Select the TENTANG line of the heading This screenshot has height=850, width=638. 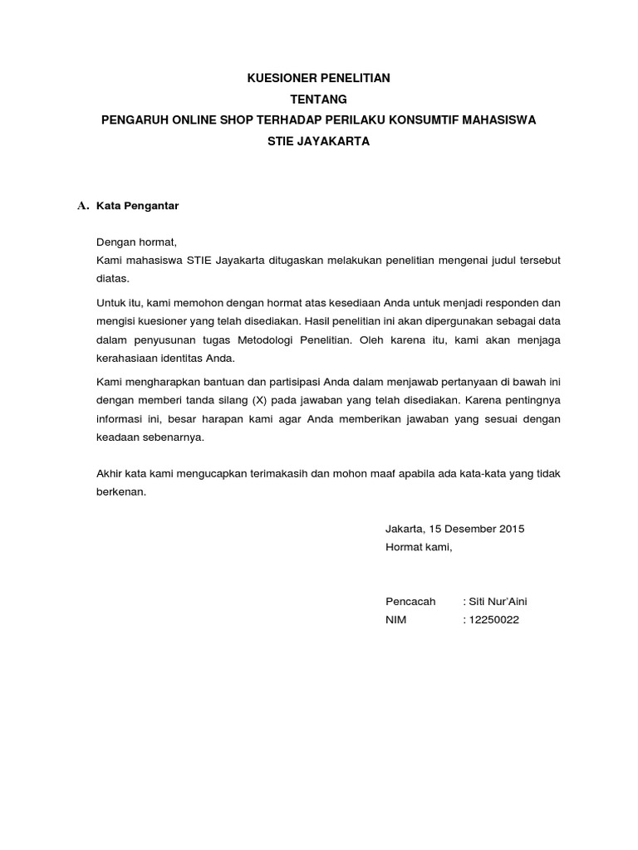click(x=319, y=100)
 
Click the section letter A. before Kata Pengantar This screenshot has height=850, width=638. click(x=82, y=205)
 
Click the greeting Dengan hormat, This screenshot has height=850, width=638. click(x=137, y=242)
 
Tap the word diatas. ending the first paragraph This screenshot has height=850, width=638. click(x=113, y=279)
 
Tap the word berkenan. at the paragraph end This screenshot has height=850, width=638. click(x=121, y=492)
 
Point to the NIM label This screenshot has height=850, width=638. click(x=396, y=620)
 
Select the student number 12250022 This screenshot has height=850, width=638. click(x=493, y=620)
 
